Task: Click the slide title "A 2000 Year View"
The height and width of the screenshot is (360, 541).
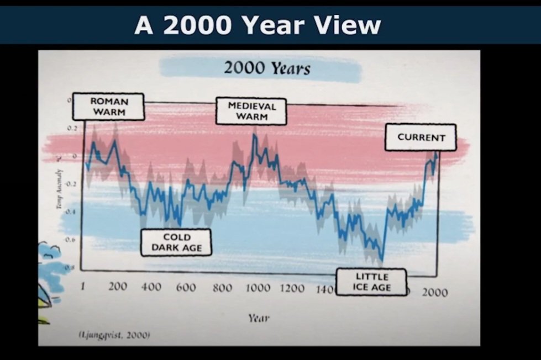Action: (258, 25)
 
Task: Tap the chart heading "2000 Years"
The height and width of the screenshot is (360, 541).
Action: (267, 68)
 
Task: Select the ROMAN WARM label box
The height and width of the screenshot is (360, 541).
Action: (109, 107)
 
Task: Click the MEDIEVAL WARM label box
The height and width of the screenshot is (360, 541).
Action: (251, 111)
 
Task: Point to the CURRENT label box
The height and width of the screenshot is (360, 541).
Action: (421, 137)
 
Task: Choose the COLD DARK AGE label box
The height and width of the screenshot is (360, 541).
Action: (176, 242)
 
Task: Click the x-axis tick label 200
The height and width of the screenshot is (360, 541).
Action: (118, 287)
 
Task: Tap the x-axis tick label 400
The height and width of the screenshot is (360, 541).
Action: (151, 287)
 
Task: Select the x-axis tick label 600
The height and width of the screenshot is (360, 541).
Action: (186, 288)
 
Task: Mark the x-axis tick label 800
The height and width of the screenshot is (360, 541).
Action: (222, 288)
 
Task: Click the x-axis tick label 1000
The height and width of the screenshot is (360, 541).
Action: (258, 288)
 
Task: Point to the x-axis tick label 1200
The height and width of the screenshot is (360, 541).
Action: (293, 289)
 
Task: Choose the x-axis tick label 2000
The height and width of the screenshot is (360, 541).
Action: (435, 293)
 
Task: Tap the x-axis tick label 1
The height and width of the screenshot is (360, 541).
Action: (83, 286)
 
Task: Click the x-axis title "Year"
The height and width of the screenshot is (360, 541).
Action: (259, 318)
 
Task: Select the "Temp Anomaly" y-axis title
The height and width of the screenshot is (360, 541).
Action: (58, 182)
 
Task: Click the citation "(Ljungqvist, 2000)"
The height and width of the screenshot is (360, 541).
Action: (114, 335)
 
